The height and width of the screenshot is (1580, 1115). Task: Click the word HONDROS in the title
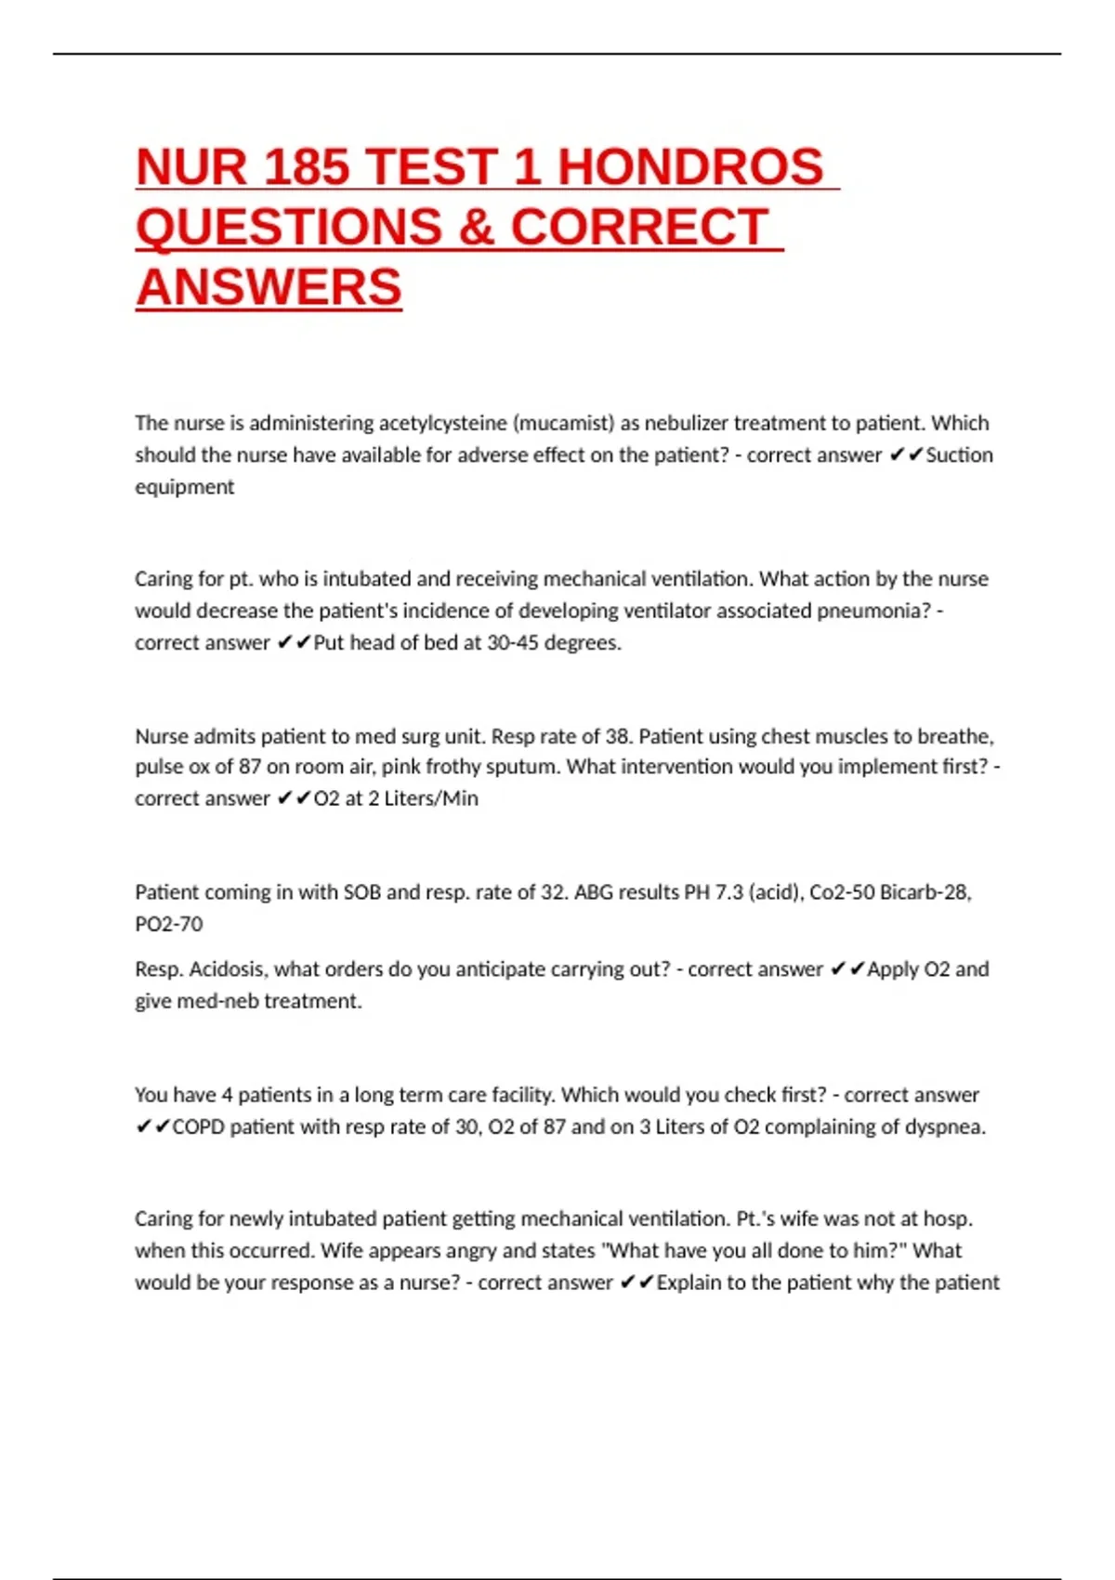690,167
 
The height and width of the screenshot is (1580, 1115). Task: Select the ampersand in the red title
476,228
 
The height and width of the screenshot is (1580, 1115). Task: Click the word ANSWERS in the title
269,287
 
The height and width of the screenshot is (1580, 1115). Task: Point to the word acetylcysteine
441,424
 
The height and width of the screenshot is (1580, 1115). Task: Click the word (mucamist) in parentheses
563,424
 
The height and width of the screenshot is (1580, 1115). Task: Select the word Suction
959,455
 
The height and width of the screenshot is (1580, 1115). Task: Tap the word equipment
184,487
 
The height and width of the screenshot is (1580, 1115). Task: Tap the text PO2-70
169,924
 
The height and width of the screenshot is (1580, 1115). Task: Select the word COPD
198,1127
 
